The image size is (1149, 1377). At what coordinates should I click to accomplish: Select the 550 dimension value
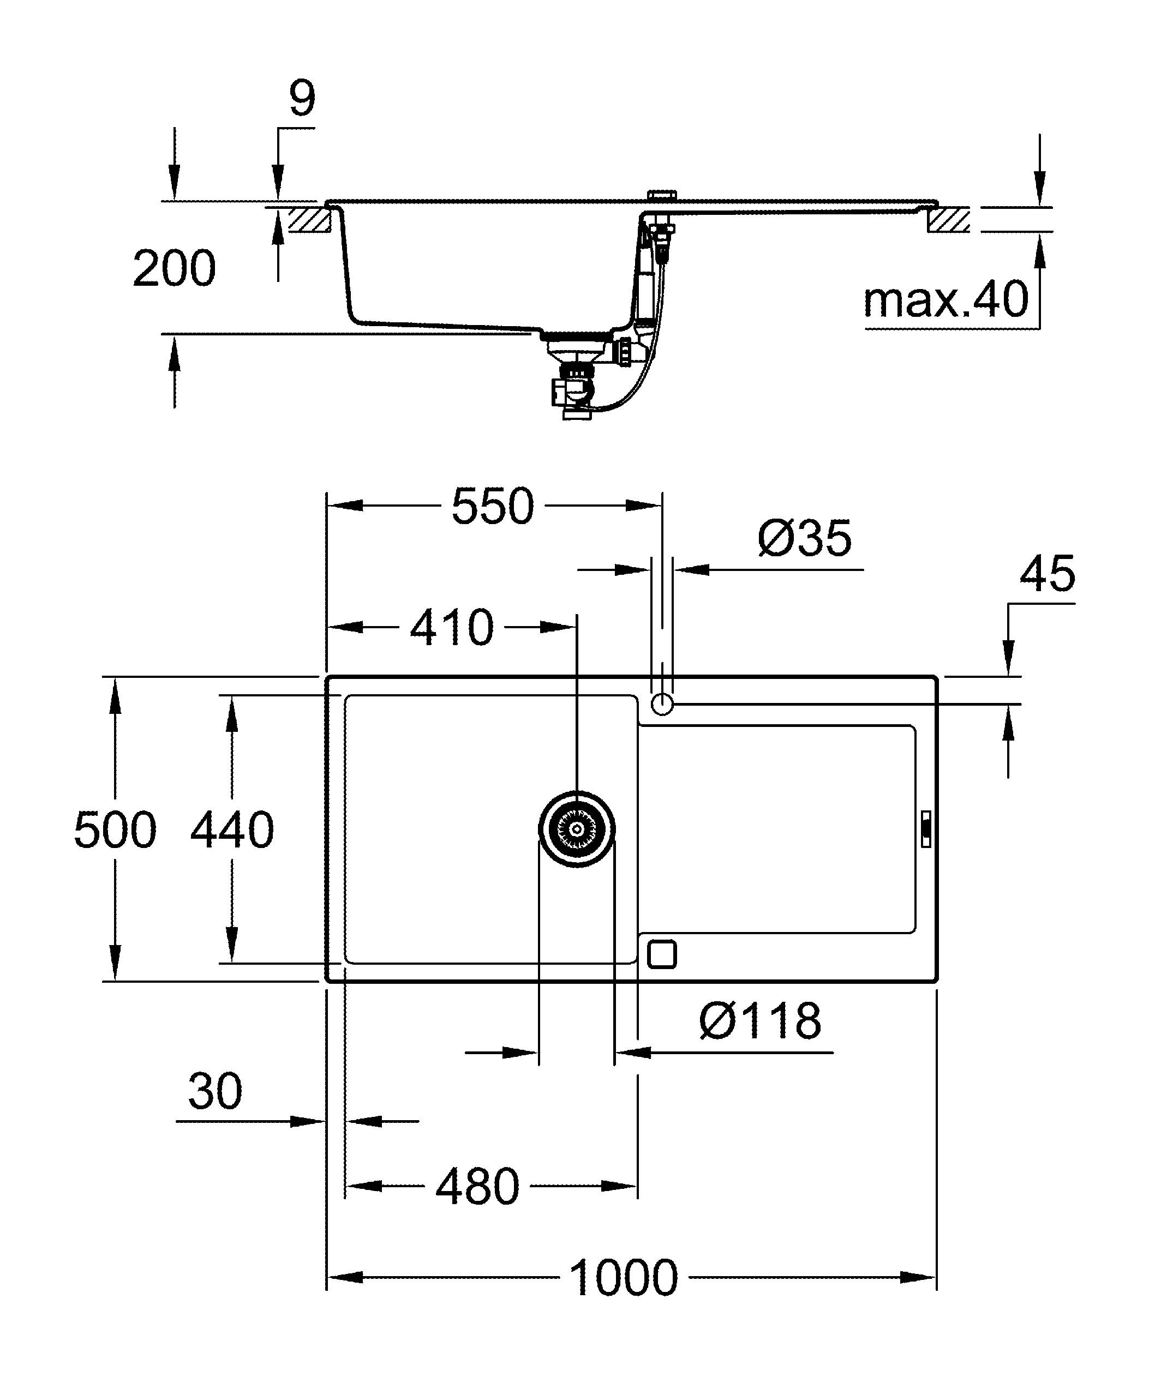493,506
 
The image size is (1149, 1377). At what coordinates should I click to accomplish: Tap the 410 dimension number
451,628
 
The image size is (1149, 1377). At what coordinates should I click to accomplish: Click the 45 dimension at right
1048,574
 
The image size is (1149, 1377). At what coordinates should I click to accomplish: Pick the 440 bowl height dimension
231,830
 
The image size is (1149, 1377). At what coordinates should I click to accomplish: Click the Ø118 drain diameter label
759,1021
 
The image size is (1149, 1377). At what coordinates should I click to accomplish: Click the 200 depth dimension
174,268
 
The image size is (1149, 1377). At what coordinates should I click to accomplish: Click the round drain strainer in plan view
577,829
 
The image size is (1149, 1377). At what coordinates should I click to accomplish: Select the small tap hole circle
662,703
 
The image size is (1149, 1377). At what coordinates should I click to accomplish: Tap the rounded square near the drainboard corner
661,953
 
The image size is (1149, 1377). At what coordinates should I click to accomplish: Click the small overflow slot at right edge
925,829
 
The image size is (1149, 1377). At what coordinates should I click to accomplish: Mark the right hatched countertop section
948,220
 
